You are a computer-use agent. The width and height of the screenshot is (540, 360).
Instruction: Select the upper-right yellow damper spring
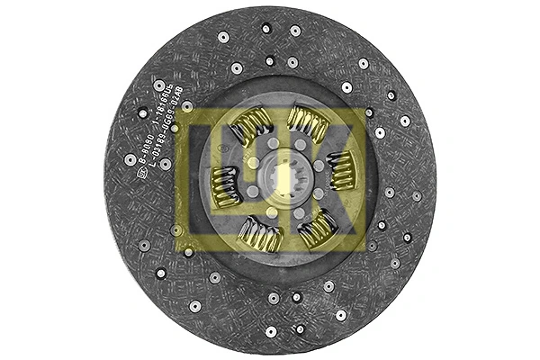[307, 124]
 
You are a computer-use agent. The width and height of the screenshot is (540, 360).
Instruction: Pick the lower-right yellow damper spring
[317, 229]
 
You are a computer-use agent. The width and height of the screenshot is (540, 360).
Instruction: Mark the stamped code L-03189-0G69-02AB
[175, 126]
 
